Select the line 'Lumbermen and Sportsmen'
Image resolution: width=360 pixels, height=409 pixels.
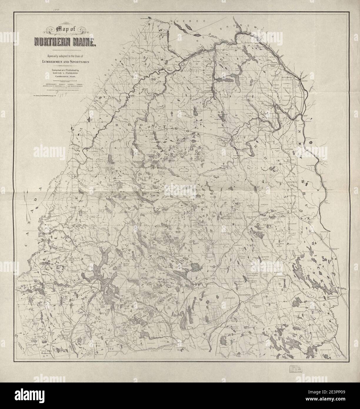[63, 62]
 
